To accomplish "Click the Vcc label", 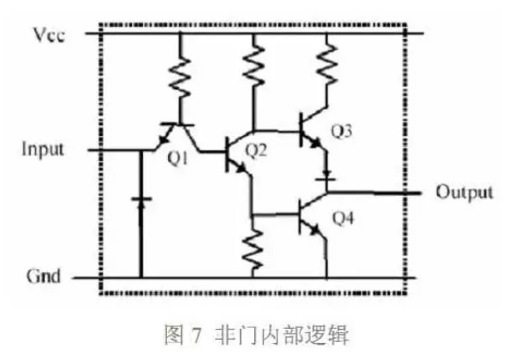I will tap(49, 34).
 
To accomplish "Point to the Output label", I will tap(464, 191).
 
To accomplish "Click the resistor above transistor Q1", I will tap(180, 76).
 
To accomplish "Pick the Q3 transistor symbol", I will tap(311, 132).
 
